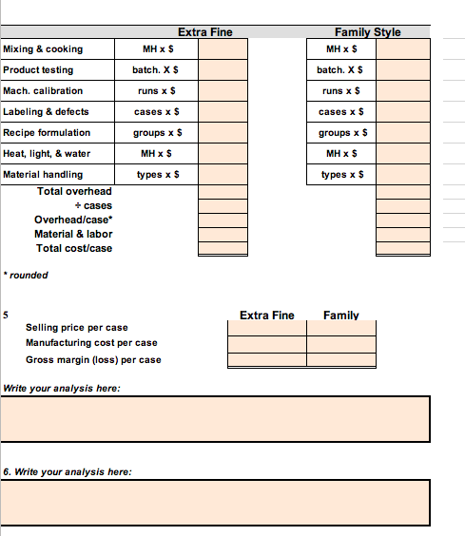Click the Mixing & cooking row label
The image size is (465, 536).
43,49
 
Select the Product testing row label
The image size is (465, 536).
38,70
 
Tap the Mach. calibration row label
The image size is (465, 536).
43,91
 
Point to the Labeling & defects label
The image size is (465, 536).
47,112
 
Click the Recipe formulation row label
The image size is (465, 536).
48,133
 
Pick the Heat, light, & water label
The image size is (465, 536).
48,154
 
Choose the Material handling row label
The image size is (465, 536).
43,175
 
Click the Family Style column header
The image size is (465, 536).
367,32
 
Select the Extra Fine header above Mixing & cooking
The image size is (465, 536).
204,32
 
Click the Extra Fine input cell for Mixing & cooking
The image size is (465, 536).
223,49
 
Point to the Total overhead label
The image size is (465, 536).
74,192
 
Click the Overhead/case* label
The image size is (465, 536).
73,220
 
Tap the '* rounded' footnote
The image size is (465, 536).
27,276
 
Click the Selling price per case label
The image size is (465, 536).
77,328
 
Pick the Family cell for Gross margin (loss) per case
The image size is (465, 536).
341,360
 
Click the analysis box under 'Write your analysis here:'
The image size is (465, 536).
216,418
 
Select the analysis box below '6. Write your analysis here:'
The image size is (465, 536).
216,502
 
